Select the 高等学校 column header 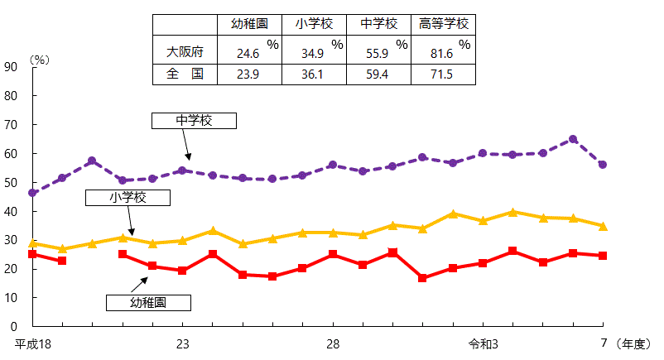pos(444,24)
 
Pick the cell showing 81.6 pos(444,52)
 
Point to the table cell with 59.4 pos(378,74)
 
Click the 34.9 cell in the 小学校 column pos(314,52)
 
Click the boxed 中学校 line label pos(194,121)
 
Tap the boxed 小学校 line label pos(128,198)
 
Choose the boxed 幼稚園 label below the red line pos(148,302)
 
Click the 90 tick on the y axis pos(11,67)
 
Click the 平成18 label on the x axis pos(32,343)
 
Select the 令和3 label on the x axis pos(483,343)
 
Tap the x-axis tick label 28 pos(332,343)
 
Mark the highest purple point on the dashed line pos(573,140)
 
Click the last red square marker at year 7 pos(603,256)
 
